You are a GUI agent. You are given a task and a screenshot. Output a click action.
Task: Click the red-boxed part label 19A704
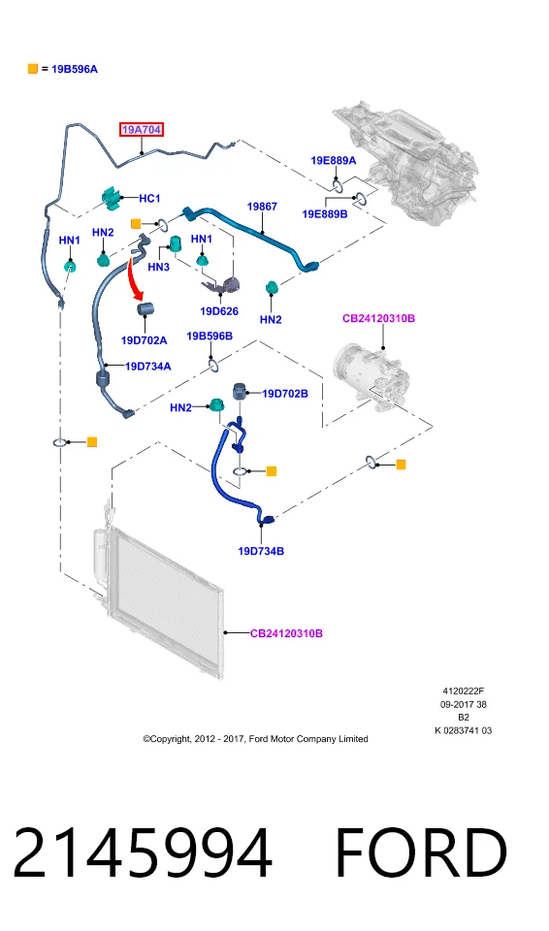coord(142,129)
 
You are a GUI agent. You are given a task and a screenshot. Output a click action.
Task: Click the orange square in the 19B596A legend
coord(33,69)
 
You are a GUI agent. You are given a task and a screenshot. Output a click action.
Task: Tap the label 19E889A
coord(334,160)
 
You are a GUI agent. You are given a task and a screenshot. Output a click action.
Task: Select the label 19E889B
coord(325,213)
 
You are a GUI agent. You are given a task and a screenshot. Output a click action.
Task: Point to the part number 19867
coord(262,207)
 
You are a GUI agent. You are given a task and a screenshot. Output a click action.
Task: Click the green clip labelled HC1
coord(112,198)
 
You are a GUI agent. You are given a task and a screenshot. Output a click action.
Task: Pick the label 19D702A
coord(144,340)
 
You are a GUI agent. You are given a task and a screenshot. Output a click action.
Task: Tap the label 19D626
coord(219,311)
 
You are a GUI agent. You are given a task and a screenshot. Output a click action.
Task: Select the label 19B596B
coord(210,337)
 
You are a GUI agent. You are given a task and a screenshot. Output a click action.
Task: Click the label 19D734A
coord(148,367)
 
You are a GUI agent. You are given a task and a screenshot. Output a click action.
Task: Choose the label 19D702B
coord(285,394)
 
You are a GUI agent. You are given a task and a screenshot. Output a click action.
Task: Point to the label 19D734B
coord(261,551)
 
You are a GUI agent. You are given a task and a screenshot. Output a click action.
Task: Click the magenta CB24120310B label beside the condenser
coord(286,633)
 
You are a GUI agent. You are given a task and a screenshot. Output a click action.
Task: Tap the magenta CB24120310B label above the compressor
coord(378,318)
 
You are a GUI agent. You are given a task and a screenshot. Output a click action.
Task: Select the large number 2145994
coord(143,852)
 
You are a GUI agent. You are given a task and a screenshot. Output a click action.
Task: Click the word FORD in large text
coord(421,852)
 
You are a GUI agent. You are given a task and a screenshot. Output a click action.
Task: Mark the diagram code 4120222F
coord(464,691)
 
